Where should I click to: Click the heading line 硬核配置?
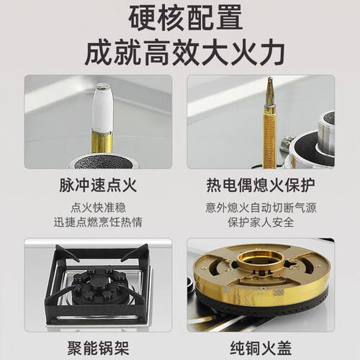186,18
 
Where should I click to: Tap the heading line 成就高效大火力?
185,53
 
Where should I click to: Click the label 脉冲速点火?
98,185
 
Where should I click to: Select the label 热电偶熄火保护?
261,185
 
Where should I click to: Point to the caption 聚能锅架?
98,348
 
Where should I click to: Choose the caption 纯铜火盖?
261,348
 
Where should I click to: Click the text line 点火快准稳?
98,207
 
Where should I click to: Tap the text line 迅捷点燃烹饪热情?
98,222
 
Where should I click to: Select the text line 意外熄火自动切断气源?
261,207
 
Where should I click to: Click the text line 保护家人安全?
261,222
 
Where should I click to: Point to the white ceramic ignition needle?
103,108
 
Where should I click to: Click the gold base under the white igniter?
102,142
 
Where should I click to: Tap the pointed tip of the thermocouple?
270,78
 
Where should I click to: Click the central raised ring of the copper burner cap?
261,261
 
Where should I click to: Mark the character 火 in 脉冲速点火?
130,185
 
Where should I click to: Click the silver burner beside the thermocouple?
312,144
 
